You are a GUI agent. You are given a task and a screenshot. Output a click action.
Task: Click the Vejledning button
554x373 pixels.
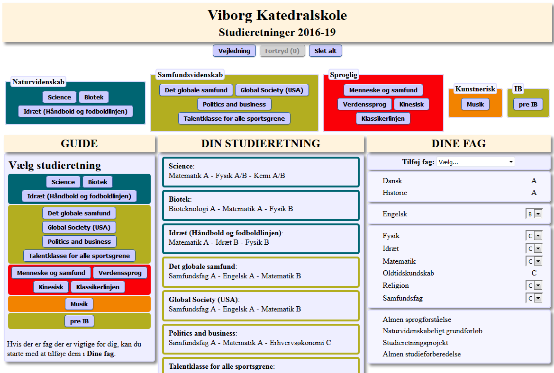234,51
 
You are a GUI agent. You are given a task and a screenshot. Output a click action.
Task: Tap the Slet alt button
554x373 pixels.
326,51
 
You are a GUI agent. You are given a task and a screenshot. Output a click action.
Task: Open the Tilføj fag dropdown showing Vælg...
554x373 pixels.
475,162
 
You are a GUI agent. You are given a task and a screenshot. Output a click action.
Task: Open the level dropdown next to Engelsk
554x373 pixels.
534,214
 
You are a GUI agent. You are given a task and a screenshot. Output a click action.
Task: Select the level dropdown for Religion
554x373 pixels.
534,285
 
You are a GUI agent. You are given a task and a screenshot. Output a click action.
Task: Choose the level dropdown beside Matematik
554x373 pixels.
534,261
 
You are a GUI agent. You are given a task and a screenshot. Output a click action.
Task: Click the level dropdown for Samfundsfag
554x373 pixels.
534,298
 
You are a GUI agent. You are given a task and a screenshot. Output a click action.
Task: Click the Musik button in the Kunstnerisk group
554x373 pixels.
475,104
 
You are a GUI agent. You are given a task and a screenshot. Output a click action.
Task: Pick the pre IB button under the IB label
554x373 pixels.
528,104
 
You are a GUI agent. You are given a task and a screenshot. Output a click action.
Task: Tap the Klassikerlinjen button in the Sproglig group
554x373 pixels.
383,118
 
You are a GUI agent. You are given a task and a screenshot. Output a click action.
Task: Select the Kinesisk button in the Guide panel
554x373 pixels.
51,287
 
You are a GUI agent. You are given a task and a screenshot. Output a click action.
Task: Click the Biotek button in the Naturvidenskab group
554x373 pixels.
94,97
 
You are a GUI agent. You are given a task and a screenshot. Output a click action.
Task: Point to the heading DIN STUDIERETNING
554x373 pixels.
261,143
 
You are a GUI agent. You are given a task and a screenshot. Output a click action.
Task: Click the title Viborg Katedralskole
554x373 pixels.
277,15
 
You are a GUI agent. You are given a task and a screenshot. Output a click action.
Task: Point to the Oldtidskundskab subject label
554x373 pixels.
408,273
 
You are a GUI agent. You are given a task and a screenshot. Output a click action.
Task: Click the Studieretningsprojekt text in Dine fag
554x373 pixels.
415,343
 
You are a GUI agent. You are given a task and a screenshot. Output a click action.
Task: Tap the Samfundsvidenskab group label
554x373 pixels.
190,75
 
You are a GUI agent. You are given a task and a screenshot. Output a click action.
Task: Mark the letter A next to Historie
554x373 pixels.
534,193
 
